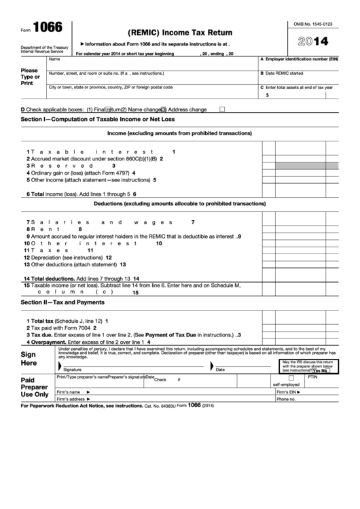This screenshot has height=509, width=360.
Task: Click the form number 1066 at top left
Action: [x=47, y=27]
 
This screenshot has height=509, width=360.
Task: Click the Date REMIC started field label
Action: [x=284, y=73]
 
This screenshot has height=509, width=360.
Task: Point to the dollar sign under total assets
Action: [x=267, y=95]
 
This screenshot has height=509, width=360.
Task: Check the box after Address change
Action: [x=222, y=109]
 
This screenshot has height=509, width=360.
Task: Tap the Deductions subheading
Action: [x=179, y=204]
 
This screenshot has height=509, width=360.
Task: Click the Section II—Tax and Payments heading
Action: [x=63, y=302]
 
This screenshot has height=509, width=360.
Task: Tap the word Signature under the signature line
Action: [x=72, y=370]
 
